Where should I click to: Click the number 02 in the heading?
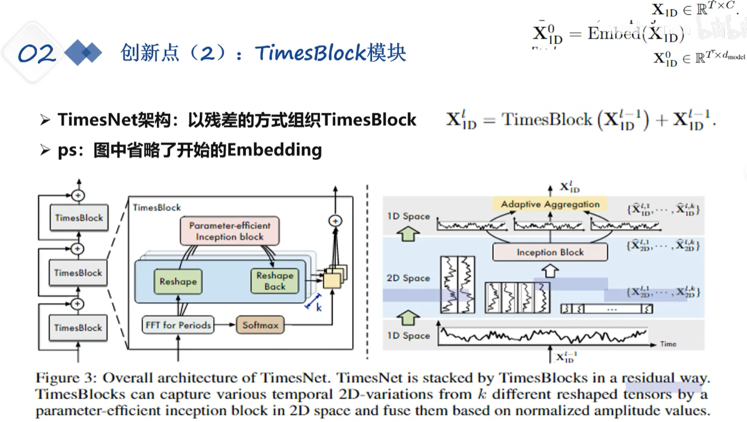point(36,53)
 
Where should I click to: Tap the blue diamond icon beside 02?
point(83,53)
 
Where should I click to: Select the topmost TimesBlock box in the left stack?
point(79,217)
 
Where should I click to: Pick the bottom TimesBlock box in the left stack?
point(79,328)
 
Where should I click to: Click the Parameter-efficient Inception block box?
point(230,231)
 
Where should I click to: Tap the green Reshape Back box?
point(275,281)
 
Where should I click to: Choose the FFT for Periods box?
point(178,325)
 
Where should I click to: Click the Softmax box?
point(260,325)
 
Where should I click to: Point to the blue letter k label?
point(319,307)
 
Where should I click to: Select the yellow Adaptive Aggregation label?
point(550,204)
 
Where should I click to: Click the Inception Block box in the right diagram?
point(550,252)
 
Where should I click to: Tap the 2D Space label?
point(408,278)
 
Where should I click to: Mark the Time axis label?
point(668,344)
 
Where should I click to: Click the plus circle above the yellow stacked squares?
point(336,221)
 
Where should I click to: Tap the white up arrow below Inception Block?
point(550,271)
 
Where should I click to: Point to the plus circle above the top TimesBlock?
point(79,195)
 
